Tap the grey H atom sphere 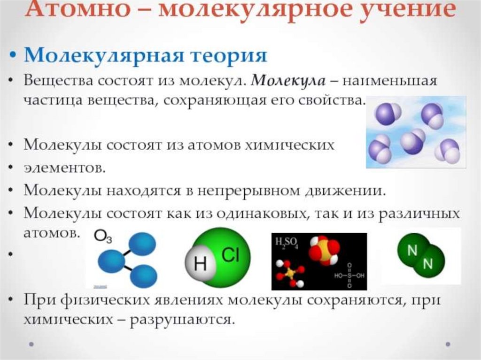coord(200,263)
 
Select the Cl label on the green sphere coord(230,255)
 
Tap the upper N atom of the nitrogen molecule coord(412,250)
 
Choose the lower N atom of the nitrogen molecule coord(428,264)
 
